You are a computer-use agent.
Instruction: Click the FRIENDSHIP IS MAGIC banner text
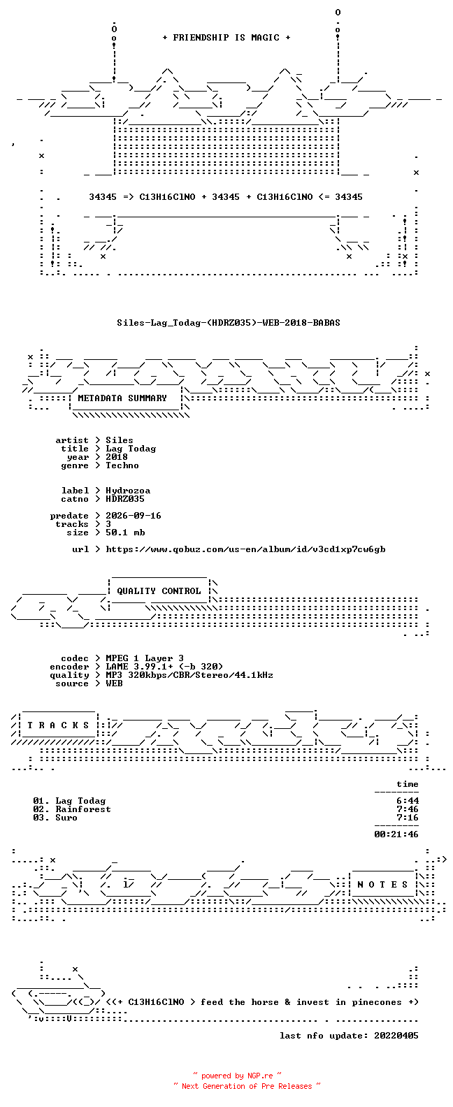(x=226, y=38)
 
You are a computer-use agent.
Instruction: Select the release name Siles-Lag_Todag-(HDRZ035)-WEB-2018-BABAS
(x=229, y=323)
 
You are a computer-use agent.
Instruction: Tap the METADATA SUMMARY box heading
(x=122, y=398)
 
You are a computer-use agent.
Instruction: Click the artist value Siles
(x=119, y=440)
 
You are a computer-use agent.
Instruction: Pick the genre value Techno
(x=122, y=465)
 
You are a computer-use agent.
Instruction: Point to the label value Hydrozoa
(x=128, y=491)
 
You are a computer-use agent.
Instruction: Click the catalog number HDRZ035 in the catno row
(x=125, y=499)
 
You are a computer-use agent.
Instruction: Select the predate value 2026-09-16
(x=134, y=516)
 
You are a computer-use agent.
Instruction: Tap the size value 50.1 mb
(x=125, y=533)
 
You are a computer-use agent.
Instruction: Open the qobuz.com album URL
(x=246, y=549)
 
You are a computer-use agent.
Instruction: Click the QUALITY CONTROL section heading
(x=159, y=591)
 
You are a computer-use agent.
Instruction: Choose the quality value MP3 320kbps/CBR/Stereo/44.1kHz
(x=189, y=675)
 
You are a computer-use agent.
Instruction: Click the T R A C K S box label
(x=58, y=725)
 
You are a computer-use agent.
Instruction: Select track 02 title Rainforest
(x=83, y=809)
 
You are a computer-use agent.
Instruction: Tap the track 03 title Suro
(x=66, y=818)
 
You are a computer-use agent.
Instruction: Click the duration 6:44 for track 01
(x=408, y=801)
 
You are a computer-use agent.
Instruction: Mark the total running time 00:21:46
(x=396, y=834)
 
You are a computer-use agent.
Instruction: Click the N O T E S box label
(x=382, y=885)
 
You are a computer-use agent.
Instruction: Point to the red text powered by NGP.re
(x=237, y=1076)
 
